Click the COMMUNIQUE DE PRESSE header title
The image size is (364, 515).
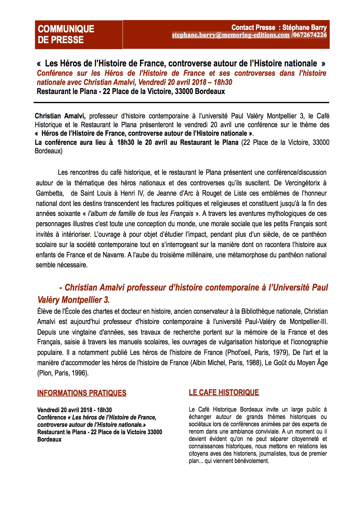66,34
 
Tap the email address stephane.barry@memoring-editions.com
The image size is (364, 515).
230,35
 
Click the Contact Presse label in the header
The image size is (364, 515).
253,28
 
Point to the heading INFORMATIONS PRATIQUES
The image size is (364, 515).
82,393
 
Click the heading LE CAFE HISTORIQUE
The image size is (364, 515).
224,392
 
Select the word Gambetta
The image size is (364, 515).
50,193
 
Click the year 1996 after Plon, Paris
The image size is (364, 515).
79,373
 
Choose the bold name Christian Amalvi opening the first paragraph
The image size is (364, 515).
60,116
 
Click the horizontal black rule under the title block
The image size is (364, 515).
181,103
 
